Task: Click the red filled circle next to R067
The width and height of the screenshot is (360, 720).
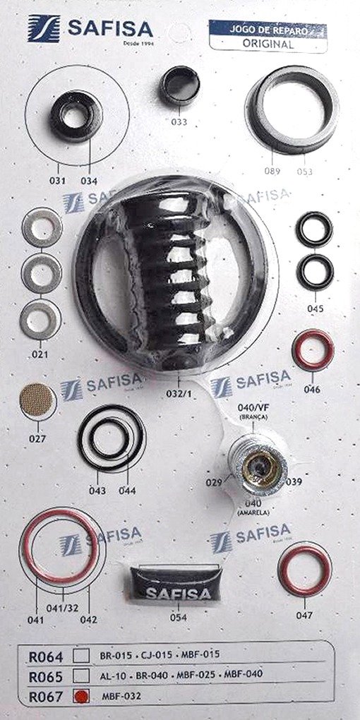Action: (81, 696)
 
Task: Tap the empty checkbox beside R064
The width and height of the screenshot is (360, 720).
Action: (81, 655)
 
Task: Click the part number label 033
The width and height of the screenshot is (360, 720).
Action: (179, 122)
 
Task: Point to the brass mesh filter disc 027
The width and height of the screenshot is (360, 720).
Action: (37, 400)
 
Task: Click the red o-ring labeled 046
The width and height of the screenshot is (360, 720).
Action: (313, 350)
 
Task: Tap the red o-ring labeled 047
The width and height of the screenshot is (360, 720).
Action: (305, 570)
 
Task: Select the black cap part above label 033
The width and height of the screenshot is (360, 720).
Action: (179, 85)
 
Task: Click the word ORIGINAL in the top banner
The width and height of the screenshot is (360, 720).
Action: (268, 44)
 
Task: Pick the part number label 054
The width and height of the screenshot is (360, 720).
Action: (178, 618)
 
